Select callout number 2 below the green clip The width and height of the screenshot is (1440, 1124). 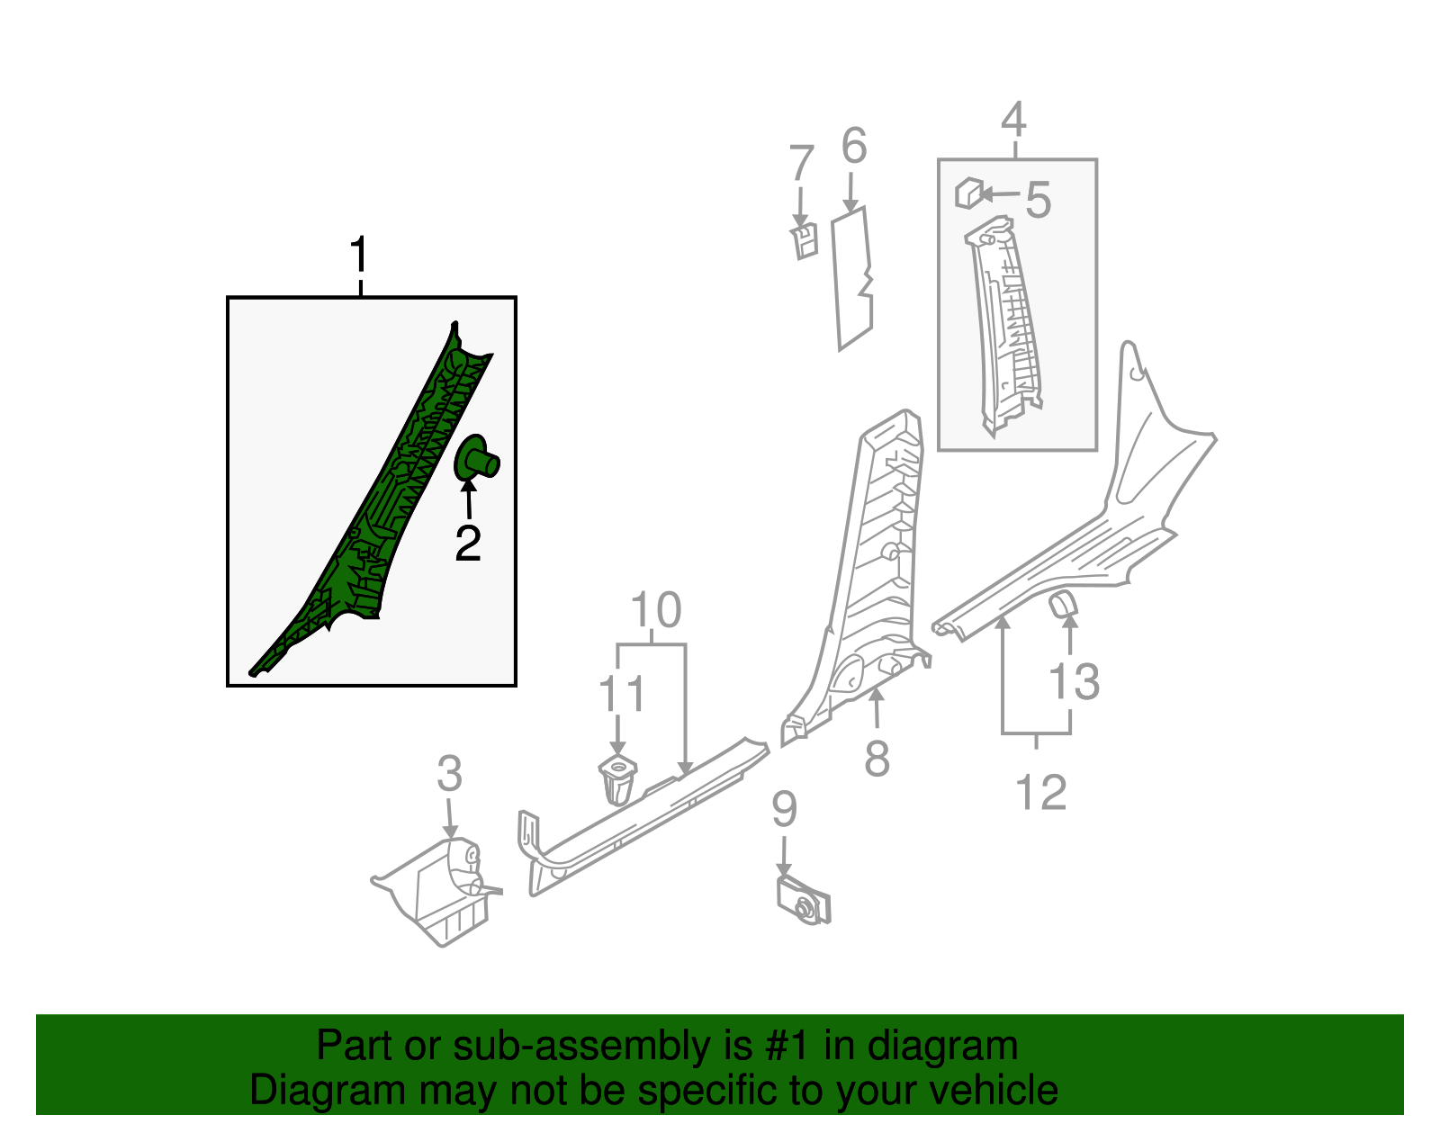[468, 544]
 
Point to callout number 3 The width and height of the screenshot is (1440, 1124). [449, 774]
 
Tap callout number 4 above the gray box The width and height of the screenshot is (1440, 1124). [1013, 121]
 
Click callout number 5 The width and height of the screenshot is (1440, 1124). [1038, 200]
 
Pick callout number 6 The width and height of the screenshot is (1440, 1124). [853, 146]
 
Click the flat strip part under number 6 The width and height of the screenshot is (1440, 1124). [852, 279]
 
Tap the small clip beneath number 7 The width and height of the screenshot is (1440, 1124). [805, 241]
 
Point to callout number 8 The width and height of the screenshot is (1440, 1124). [877, 758]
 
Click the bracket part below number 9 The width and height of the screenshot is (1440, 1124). [803, 901]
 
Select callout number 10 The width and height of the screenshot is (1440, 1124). [655, 611]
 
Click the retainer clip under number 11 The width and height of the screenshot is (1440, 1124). [616, 779]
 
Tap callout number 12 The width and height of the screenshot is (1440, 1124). [1040, 793]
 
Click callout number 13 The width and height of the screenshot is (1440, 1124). [1075, 682]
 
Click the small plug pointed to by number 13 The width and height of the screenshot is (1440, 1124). [1063, 604]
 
